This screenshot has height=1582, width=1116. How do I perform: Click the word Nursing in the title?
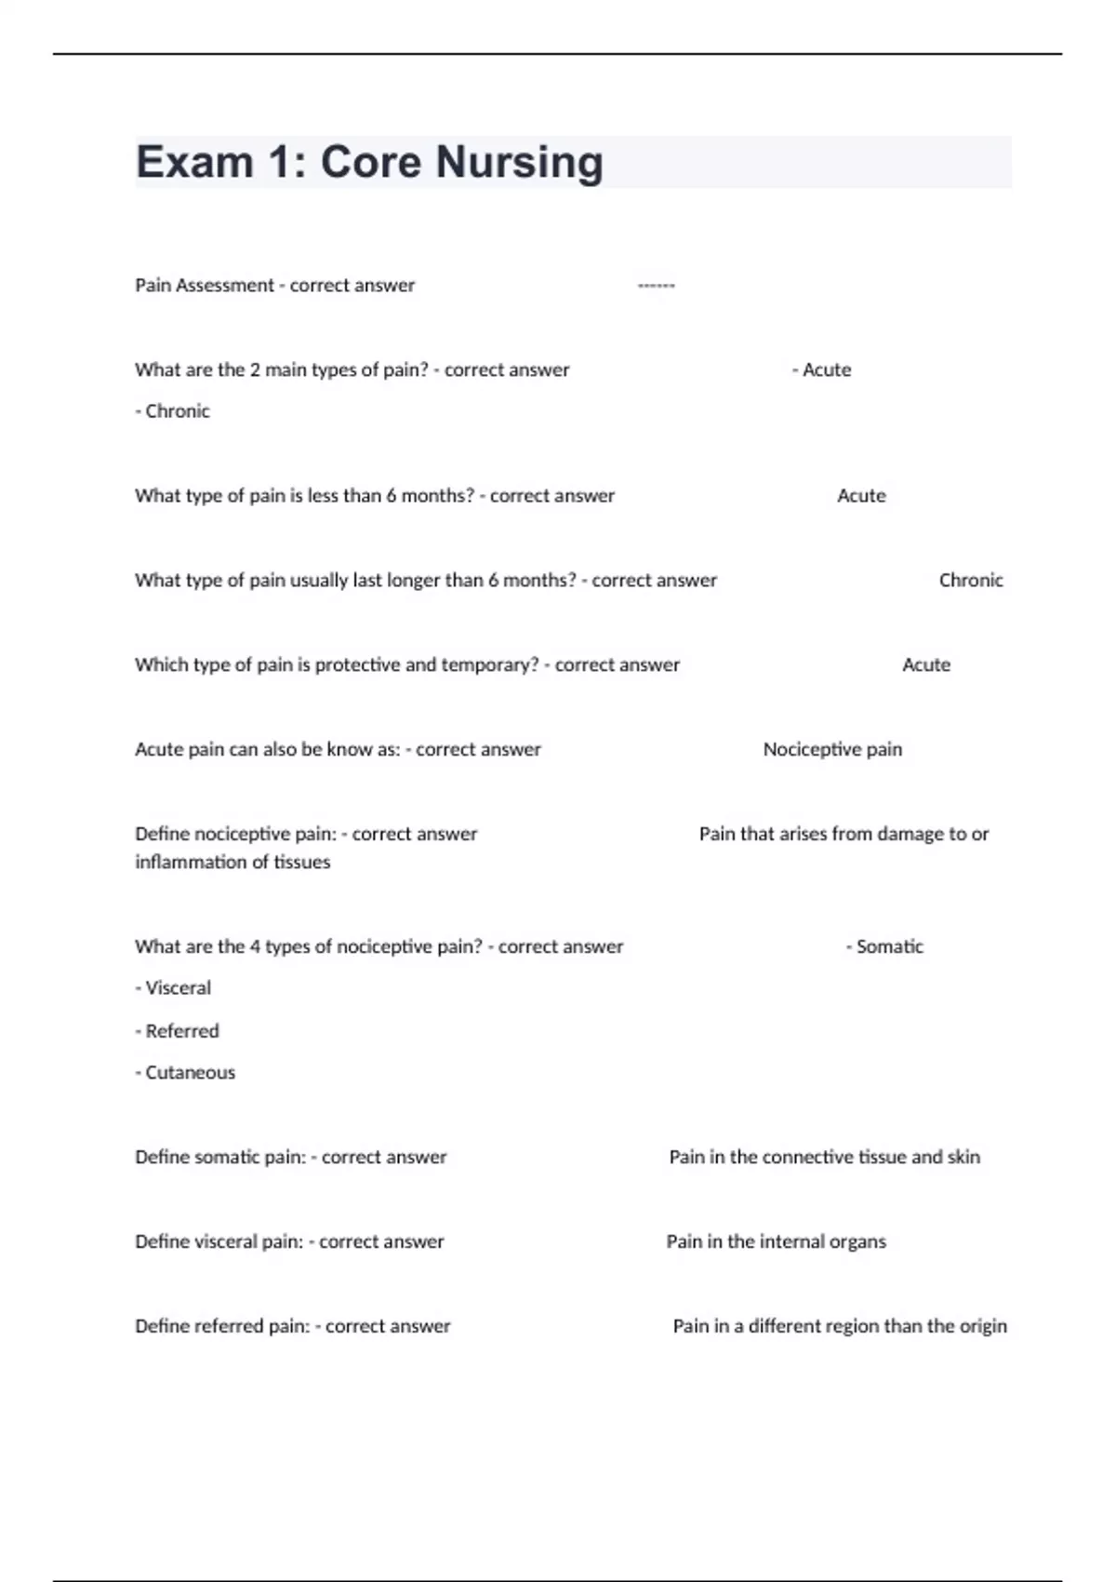[x=519, y=163]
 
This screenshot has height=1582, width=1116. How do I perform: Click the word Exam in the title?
[x=194, y=163]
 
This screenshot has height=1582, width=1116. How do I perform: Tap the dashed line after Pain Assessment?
[x=656, y=286]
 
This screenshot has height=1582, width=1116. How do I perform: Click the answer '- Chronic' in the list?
[x=173, y=411]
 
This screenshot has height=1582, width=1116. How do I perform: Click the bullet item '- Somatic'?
[x=884, y=946]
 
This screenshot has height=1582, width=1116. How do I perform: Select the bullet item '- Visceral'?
[x=173, y=988]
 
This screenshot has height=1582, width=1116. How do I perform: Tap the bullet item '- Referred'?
[x=177, y=1031]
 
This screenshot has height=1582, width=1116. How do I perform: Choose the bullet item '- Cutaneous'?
[x=185, y=1073]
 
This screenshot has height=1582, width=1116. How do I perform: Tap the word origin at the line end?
[x=982, y=1326]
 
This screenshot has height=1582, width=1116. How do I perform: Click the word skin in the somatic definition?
[x=963, y=1158]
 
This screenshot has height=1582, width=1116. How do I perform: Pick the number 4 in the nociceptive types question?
[x=254, y=946]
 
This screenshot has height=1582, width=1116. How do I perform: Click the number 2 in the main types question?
[x=254, y=370]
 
